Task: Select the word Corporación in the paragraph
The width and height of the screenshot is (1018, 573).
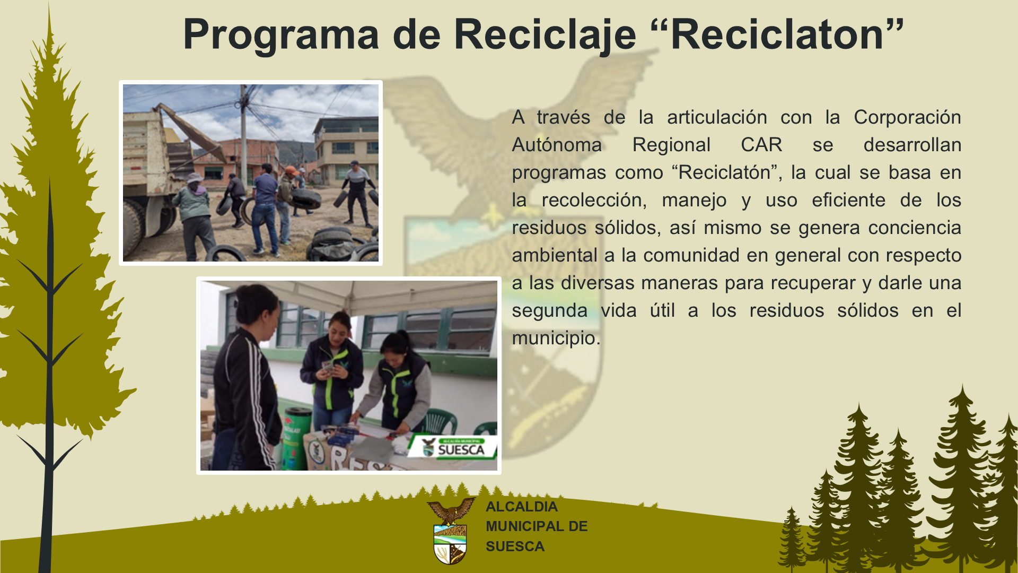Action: (907, 118)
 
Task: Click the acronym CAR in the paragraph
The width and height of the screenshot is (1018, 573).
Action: (761, 145)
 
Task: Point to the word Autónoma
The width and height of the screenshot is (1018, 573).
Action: (557, 145)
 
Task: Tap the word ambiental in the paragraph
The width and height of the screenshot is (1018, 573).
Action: (555, 255)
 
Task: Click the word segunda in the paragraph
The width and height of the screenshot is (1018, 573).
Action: (550, 311)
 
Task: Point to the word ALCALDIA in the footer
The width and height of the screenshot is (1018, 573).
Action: (522, 507)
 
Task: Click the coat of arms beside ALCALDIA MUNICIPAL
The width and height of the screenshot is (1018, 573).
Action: (451, 531)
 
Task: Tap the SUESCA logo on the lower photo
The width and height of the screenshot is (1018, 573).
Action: (453, 447)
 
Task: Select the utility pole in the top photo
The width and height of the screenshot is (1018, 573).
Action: (243, 138)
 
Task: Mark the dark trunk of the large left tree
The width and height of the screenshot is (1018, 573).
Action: (49, 371)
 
